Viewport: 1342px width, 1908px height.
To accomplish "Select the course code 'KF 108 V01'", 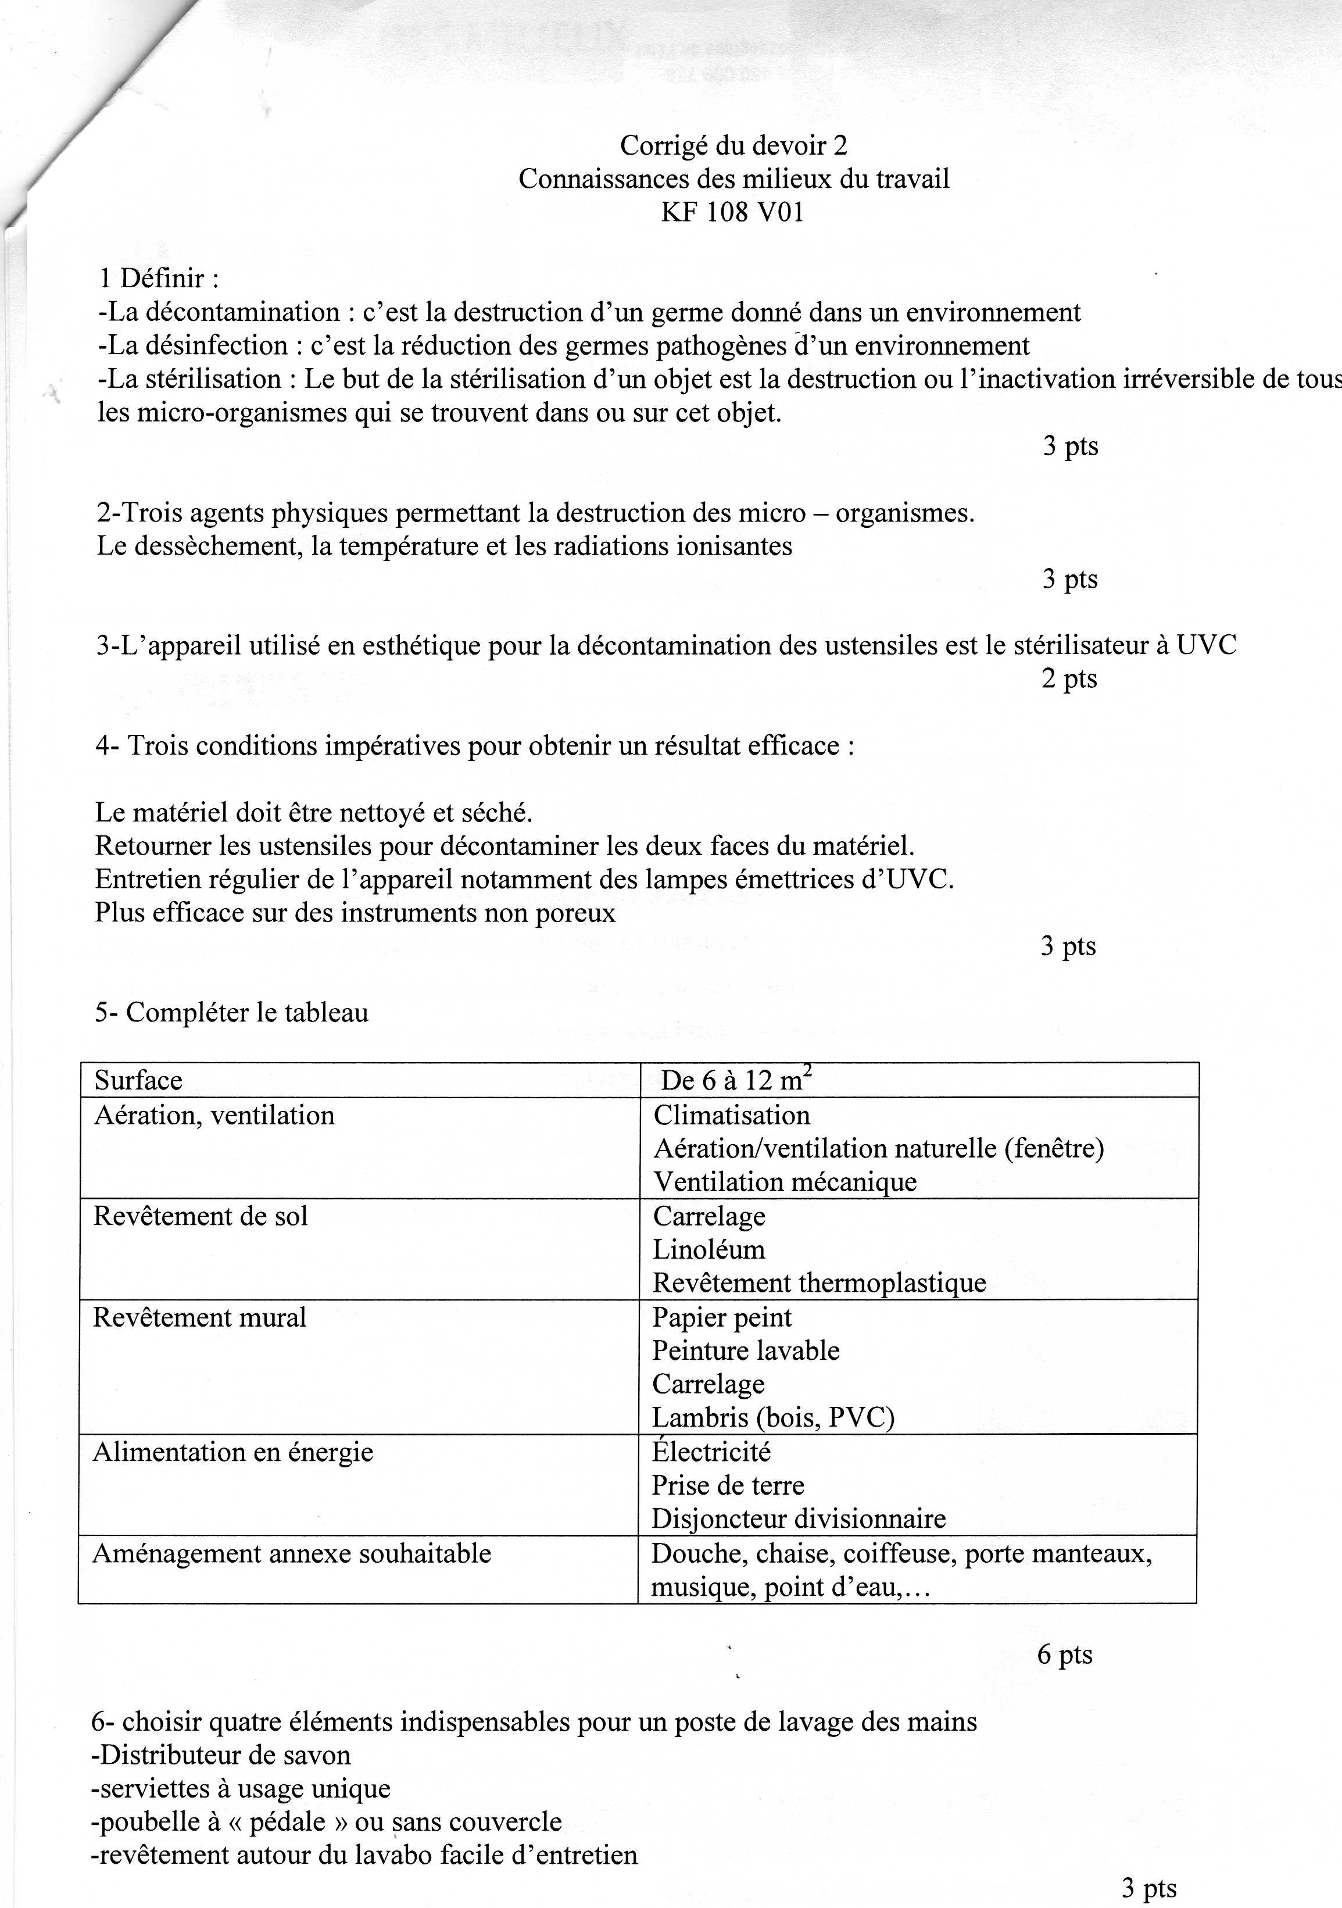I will pyautogui.click(x=732, y=213).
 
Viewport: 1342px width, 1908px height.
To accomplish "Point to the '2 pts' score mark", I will pyautogui.click(x=1069, y=679).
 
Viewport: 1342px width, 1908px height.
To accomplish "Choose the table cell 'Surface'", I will pyautogui.click(x=138, y=1080).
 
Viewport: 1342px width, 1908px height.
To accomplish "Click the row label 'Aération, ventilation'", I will pyautogui.click(x=214, y=1115).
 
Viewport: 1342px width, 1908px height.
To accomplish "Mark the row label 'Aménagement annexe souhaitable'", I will pyautogui.click(x=292, y=1553).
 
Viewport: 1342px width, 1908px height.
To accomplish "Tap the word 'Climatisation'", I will pyautogui.click(x=731, y=1115).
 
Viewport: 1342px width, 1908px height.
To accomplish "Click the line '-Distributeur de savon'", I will pyautogui.click(x=221, y=1755).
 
